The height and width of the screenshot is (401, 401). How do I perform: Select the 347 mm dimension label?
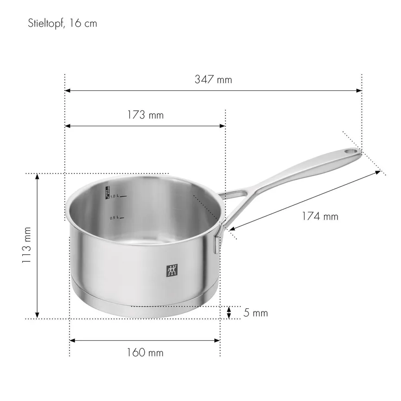213,79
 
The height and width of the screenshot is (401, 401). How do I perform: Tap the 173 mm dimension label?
145,115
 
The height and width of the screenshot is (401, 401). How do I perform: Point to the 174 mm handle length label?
320,216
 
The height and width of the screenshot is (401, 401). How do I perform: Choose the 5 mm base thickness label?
255,313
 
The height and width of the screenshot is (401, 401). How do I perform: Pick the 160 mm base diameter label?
145,353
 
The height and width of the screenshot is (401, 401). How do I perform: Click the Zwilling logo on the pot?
172,271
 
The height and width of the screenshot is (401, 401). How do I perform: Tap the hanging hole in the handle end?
352,151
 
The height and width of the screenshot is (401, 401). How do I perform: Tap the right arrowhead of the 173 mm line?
223,126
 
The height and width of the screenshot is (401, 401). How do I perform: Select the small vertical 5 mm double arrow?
229,313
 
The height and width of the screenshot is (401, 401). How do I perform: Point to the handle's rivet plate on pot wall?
216,244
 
